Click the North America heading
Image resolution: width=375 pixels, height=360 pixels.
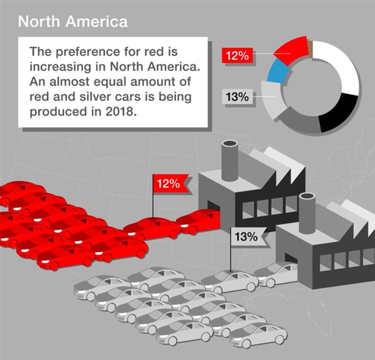click(x=73, y=21)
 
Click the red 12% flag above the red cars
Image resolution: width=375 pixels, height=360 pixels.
click(x=169, y=183)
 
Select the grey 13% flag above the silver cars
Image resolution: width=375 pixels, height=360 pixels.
click(x=246, y=237)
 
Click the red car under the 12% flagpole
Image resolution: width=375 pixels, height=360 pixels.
click(x=153, y=227)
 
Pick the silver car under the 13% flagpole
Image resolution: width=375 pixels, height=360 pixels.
click(x=229, y=280)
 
